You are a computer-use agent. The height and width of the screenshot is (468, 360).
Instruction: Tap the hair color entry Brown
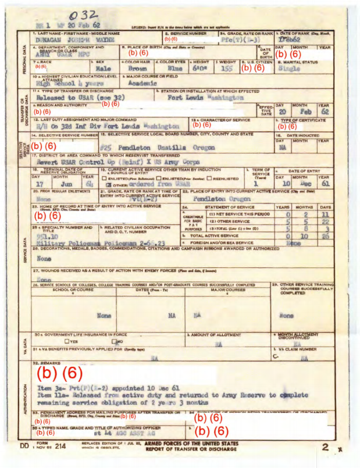pyautogui.click(x=137, y=68)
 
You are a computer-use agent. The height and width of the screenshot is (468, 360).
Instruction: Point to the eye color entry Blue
pyautogui.click(x=171, y=68)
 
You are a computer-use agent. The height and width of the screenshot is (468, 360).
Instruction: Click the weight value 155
pyautogui.click(x=227, y=68)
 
